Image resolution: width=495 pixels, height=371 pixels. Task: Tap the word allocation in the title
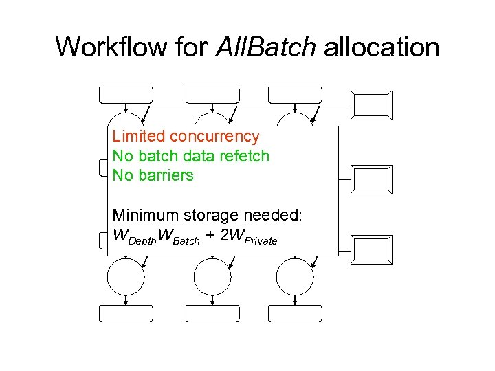(382, 47)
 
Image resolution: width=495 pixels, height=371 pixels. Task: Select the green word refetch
(243, 156)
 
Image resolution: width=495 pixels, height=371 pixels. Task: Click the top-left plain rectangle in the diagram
(127, 95)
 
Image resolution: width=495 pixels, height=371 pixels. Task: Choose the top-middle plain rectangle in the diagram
(212, 95)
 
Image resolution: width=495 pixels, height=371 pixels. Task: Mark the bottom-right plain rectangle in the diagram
(295, 313)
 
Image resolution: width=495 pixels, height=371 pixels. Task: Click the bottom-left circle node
(126, 277)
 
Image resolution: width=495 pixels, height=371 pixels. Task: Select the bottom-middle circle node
(212, 277)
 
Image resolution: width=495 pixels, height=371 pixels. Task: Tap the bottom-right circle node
(294, 277)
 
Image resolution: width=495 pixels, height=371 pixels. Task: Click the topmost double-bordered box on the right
(371, 105)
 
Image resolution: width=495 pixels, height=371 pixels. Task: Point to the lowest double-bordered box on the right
(371, 249)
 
